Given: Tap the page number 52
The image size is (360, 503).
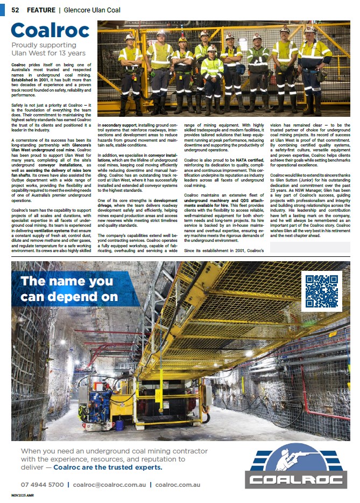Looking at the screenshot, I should click(x=16, y=10).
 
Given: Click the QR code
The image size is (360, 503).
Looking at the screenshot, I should click(x=321, y=291).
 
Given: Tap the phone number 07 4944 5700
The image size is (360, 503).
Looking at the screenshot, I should click(x=43, y=485).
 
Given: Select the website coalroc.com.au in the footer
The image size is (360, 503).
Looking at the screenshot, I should click(x=178, y=485).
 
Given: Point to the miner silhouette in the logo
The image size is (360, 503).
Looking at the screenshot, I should click(x=296, y=458).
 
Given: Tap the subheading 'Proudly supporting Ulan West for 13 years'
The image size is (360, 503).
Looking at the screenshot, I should click(x=48, y=49).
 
